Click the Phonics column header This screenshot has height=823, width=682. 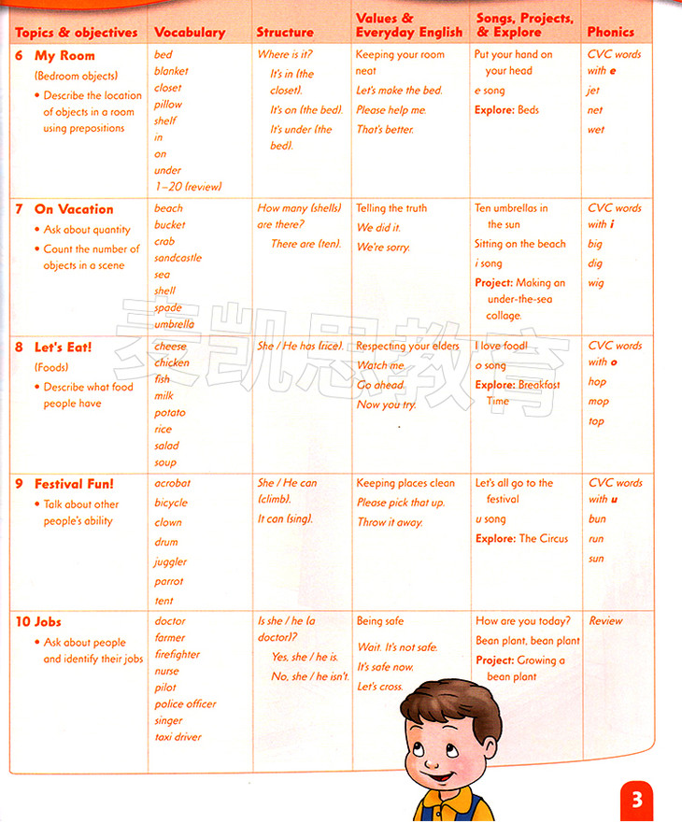click(x=610, y=32)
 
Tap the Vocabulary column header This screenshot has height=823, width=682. click(x=190, y=32)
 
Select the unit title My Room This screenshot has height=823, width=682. click(x=64, y=55)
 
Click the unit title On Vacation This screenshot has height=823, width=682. click(x=74, y=209)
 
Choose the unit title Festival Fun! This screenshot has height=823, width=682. click(x=74, y=484)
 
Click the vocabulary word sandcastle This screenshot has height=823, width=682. click(x=178, y=258)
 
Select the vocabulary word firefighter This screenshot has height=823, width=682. click(x=178, y=655)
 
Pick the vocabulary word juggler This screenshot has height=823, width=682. click(x=170, y=562)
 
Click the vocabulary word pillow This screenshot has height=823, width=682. click(x=168, y=105)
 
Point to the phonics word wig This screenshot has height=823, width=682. click(x=596, y=283)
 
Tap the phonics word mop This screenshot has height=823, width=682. click(x=598, y=402)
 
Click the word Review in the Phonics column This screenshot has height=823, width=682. click(x=605, y=621)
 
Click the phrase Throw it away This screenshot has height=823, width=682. click(x=390, y=523)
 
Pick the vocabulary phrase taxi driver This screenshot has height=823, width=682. click(x=178, y=737)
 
